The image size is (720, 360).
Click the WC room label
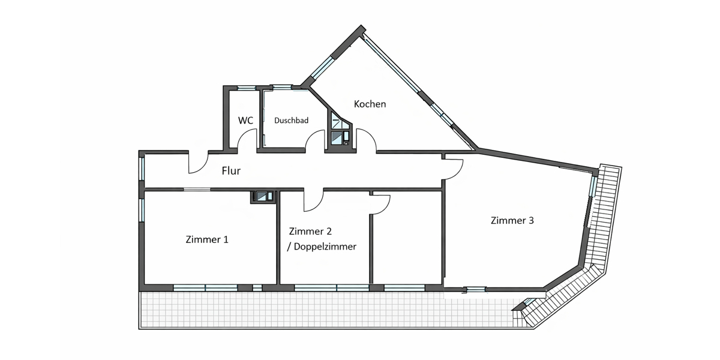(245, 120)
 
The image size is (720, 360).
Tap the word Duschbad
(291, 121)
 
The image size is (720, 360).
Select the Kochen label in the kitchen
(370, 104)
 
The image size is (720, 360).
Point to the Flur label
(231, 171)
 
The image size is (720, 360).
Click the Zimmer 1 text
(207, 239)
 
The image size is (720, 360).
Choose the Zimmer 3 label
(512, 220)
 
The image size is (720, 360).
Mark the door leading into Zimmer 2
(313, 201)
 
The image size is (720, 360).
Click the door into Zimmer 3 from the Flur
(454, 169)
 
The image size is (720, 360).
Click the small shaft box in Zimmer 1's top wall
(263, 196)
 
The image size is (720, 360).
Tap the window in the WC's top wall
(245, 88)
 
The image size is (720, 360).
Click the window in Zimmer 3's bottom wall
(475, 289)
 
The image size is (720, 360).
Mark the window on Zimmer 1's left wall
(142, 210)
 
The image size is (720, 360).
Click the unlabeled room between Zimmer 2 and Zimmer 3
(407, 240)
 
